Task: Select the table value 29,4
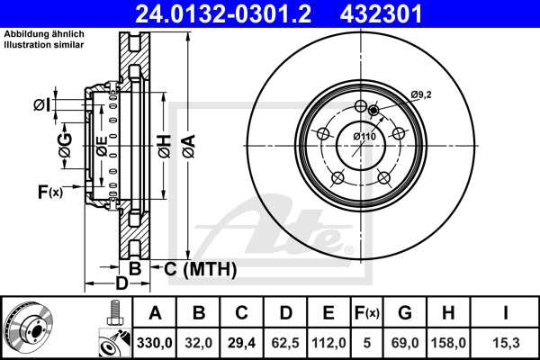242,341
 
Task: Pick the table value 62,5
285,341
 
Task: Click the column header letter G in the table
404,313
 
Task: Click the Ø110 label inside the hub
364,136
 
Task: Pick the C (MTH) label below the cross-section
195,269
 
